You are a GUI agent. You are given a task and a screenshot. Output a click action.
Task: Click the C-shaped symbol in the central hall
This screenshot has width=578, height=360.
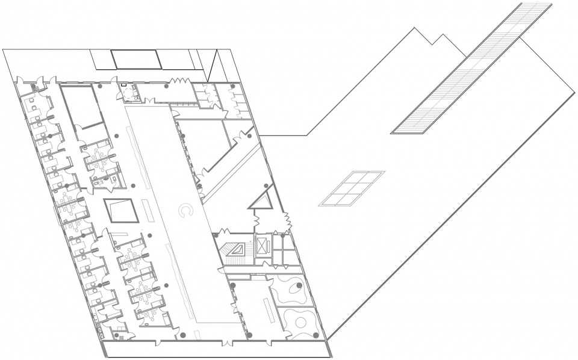click(x=186, y=210)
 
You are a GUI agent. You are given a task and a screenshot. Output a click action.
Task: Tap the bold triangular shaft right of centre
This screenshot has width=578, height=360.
click(x=264, y=198)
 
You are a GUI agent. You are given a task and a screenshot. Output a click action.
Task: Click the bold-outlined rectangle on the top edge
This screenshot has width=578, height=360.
click(x=137, y=60)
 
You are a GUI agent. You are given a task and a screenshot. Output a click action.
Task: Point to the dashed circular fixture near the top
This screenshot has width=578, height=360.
click(x=165, y=86)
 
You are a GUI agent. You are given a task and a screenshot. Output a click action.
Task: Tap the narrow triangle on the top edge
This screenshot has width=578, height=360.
click(x=210, y=66)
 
